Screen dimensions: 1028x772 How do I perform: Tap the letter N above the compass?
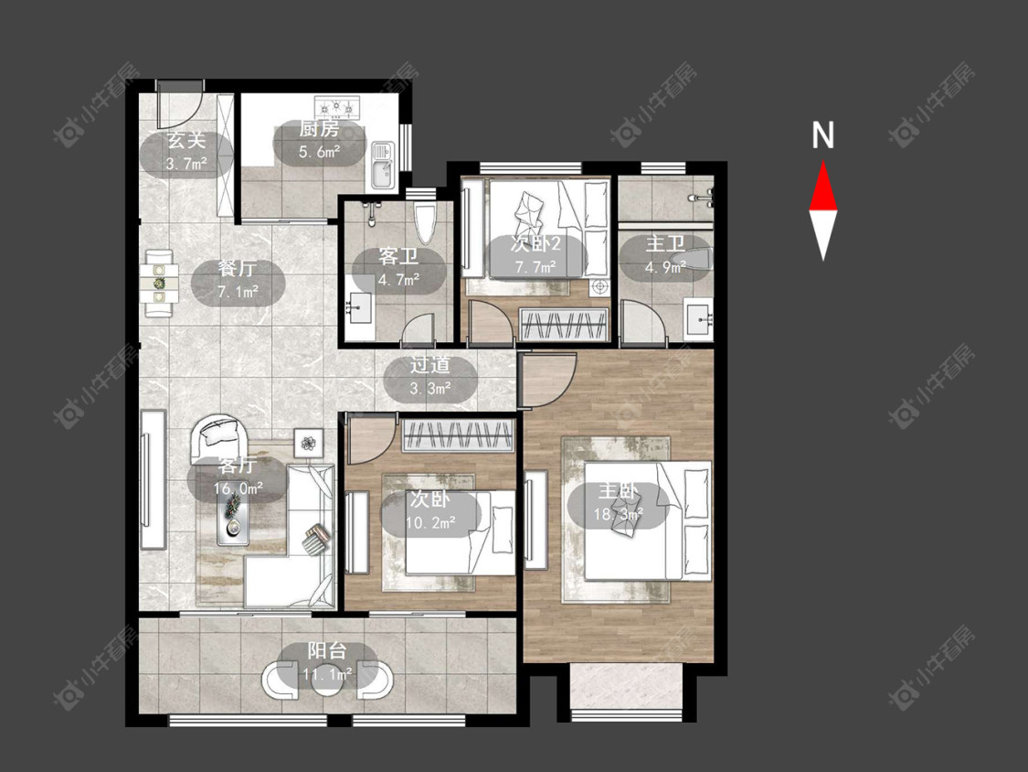pyautogui.click(x=822, y=135)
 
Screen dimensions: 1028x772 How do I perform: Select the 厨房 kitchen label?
pyautogui.click(x=319, y=128)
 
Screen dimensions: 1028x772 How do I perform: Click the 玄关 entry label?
pyautogui.click(x=186, y=141)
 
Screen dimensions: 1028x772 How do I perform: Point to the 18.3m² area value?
pyautogui.click(x=619, y=514)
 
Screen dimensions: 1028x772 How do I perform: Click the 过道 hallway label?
pyautogui.click(x=430, y=365)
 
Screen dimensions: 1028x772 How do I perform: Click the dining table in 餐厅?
pyautogui.click(x=159, y=283)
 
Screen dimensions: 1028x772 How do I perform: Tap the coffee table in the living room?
pyautogui.click(x=233, y=518)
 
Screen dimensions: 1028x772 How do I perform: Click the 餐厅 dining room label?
pyautogui.click(x=238, y=269)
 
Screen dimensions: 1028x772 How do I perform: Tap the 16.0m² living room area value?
pyautogui.click(x=238, y=488)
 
